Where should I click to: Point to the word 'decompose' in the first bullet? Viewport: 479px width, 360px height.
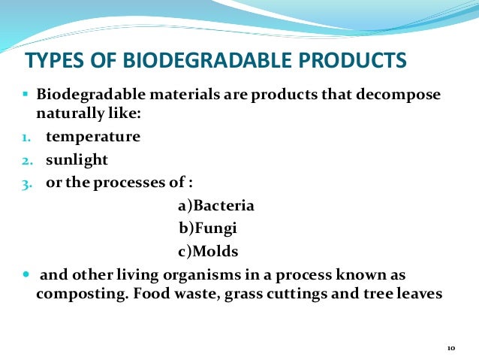click(404, 97)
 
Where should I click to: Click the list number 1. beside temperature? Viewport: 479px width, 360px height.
click(25, 138)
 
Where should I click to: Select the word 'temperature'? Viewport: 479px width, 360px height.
click(92, 138)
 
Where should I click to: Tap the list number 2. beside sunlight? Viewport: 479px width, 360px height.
click(25, 161)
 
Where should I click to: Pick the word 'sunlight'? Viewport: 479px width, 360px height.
click(77, 160)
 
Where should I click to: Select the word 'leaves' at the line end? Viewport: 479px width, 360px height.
click(422, 294)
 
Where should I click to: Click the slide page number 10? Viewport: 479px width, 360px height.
click(450, 348)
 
